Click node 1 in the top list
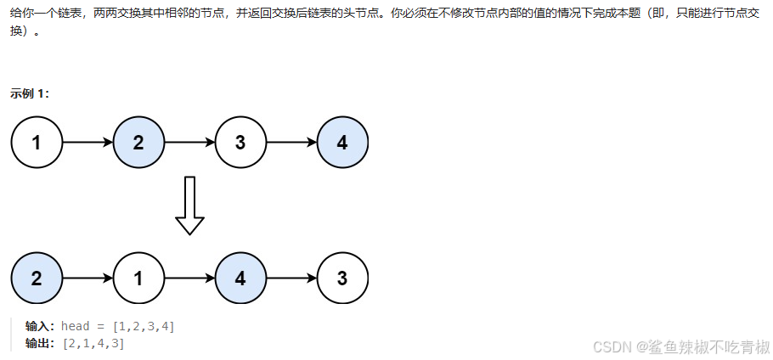(37, 142)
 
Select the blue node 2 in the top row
(138, 142)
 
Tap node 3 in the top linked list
(240, 142)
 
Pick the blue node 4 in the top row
(342, 142)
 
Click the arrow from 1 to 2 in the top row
(87, 142)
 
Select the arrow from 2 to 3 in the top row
(189, 142)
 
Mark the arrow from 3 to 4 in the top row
(291, 142)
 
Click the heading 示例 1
(30, 93)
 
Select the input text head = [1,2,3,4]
(118, 327)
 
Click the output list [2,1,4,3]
(93, 343)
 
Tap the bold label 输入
(40, 327)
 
